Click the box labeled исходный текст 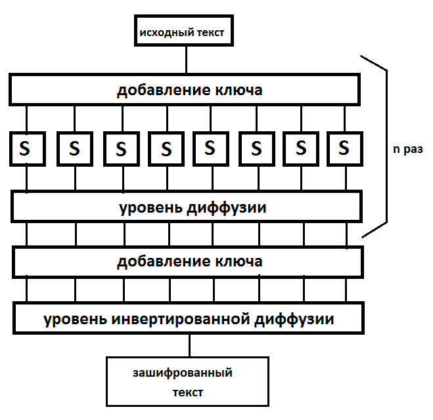(185, 32)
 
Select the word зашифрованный (183, 373)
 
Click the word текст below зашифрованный (188, 392)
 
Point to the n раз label (407, 149)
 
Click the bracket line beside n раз (386, 144)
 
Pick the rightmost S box (343, 148)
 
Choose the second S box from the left (74, 148)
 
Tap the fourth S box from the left (167, 148)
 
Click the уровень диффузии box (187, 208)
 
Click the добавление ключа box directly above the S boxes (185, 90)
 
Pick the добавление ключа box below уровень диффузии (187, 261)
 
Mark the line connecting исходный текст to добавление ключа (187, 60)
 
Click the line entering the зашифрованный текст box (191, 346)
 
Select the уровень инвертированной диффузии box (189, 320)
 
